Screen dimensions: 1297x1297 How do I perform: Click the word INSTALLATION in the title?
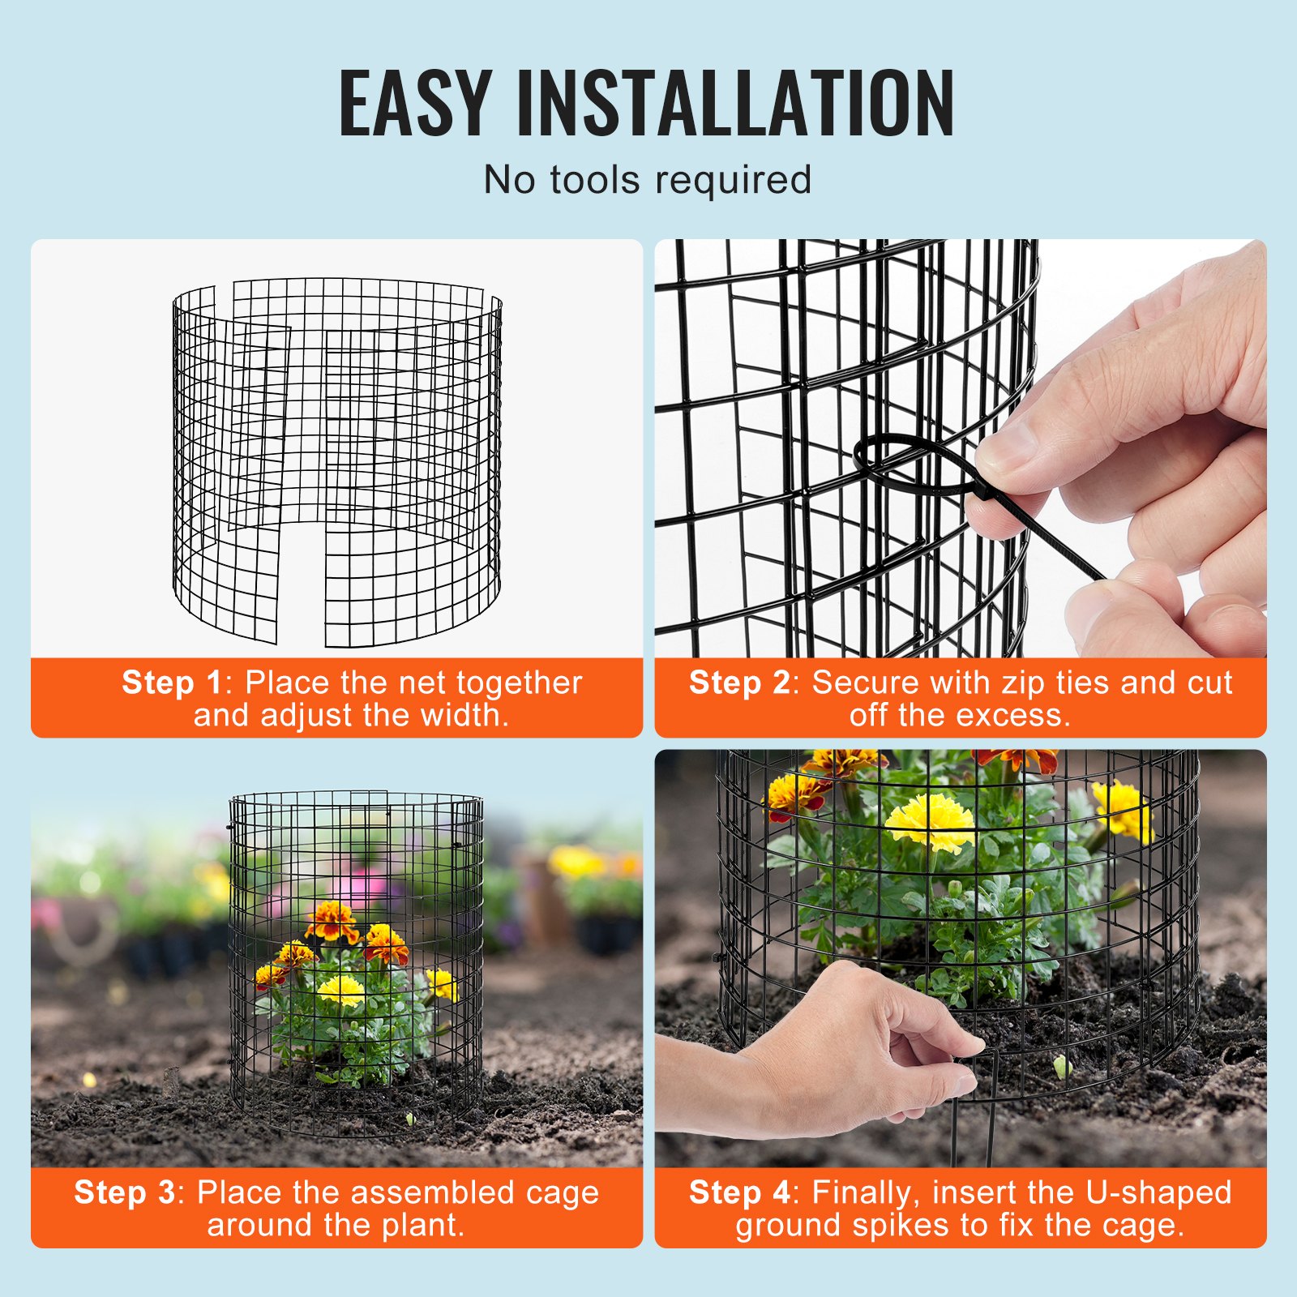point(734,103)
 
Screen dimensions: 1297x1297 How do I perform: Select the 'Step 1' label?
point(171,683)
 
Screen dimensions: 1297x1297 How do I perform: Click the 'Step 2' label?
point(738,683)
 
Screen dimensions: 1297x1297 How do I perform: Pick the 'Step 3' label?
point(124,1192)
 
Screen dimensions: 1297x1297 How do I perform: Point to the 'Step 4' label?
point(738,1192)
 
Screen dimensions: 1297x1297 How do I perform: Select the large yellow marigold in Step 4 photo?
point(929,820)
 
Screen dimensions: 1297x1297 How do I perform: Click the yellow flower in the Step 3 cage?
point(340,990)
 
